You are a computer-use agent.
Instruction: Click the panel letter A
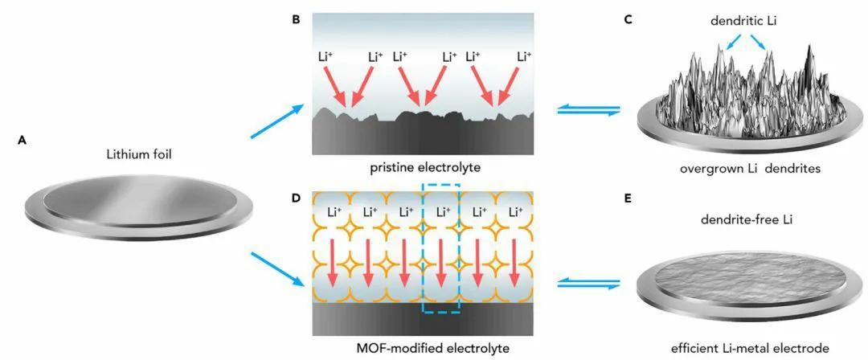click(x=22, y=139)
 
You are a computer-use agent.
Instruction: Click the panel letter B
click(x=296, y=17)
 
